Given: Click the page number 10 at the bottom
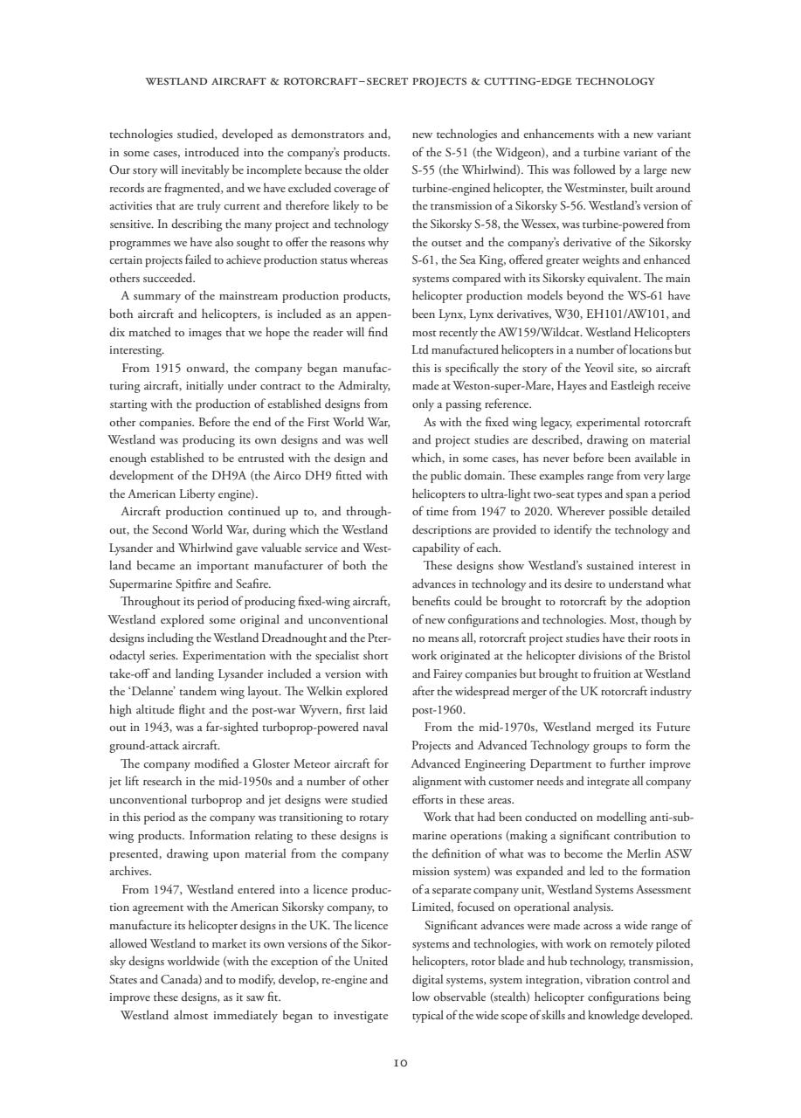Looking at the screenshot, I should pyautogui.click(x=400, y=1063).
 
